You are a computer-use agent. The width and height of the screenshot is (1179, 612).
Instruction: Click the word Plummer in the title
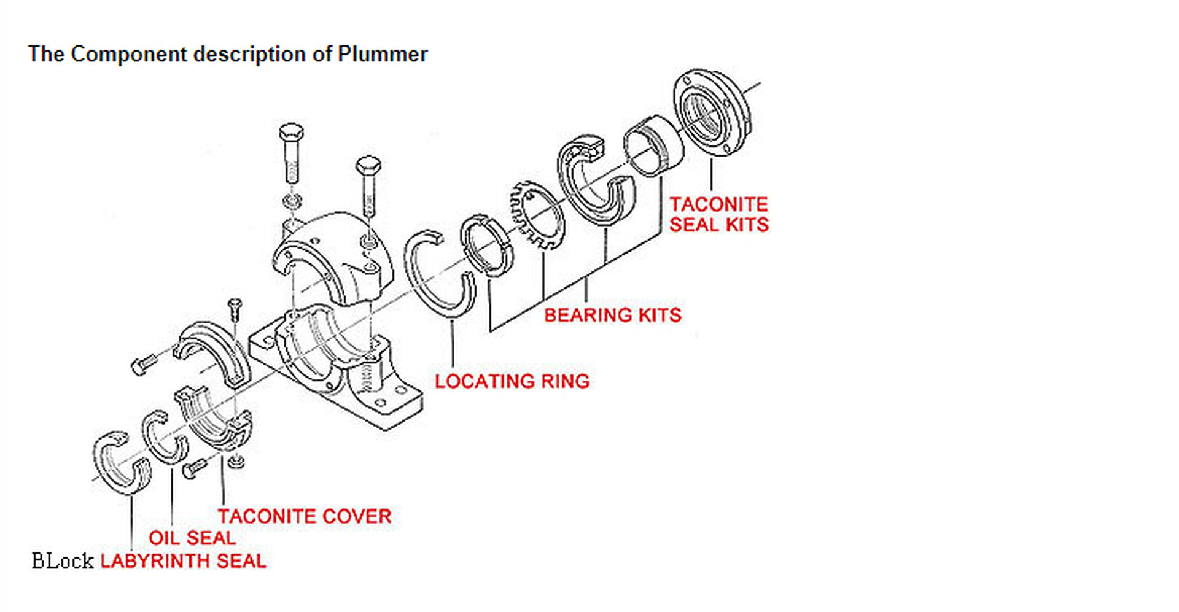tap(383, 54)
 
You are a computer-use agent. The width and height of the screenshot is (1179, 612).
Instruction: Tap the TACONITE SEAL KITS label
tap(718, 214)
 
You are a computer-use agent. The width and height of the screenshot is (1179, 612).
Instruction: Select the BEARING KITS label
tap(613, 315)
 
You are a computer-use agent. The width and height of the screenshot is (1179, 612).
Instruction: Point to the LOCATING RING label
tap(512, 381)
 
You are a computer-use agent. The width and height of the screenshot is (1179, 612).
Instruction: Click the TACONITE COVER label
tap(305, 516)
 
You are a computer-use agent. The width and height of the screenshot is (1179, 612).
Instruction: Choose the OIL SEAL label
tap(192, 538)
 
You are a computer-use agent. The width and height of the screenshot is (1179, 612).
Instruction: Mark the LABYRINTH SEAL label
tap(183, 561)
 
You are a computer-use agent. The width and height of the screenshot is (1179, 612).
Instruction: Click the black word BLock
tap(62, 561)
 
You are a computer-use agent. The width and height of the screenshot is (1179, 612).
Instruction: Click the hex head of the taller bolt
tap(291, 132)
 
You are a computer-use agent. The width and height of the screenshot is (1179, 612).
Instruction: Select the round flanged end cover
tap(712, 114)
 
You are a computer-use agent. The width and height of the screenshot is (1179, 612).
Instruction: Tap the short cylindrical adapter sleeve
tap(653, 145)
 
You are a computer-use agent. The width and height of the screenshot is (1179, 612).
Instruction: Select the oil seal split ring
tap(164, 437)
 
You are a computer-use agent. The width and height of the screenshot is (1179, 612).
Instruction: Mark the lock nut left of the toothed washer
tap(486, 245)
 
